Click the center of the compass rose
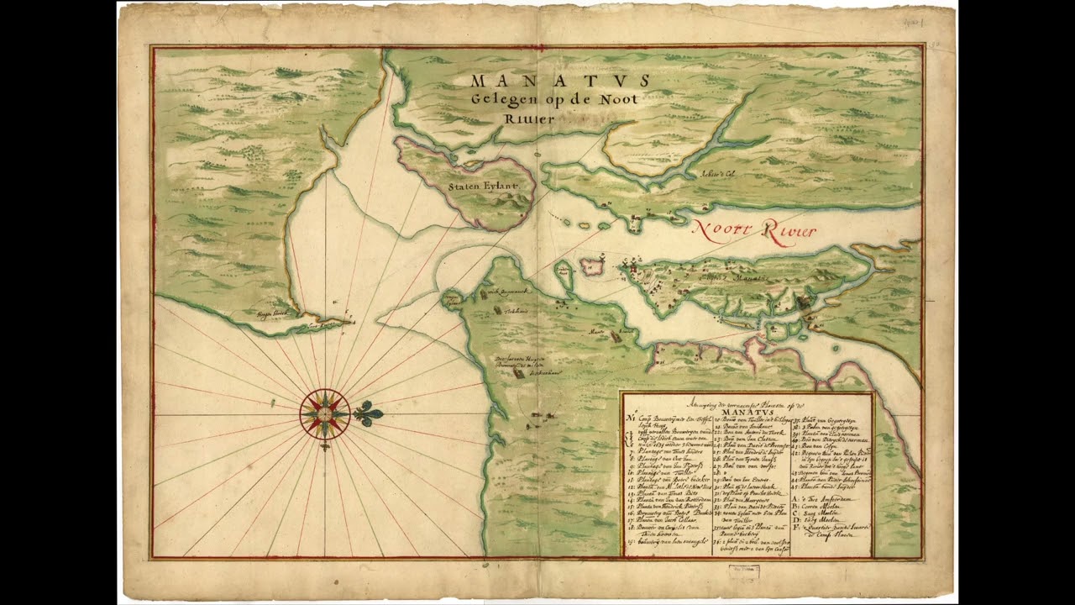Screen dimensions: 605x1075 pyautogui.click(x=324, y=413)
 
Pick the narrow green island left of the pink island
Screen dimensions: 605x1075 pyautogui.click(x=564, y=274)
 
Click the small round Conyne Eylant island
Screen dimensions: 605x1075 pyautogui.click(x=449, y=299)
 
